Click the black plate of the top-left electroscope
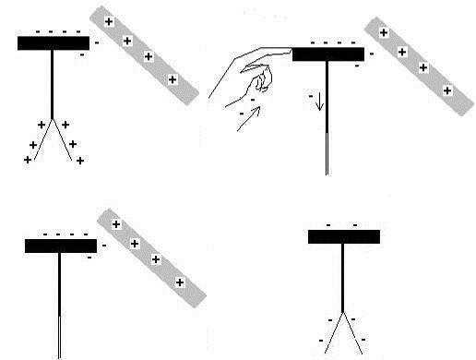[x=54, y=42]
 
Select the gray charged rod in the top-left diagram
[x=144, y=54]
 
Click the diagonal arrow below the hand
[x=249, y=119]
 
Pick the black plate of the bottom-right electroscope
[x=343, y=236]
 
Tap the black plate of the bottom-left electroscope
[x=61, y=246]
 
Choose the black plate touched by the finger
[x=327, y=54]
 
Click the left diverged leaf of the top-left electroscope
[x=42, y=140]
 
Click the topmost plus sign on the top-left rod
[x=109, y=20]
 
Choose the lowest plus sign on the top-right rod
[x=446, y=90]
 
